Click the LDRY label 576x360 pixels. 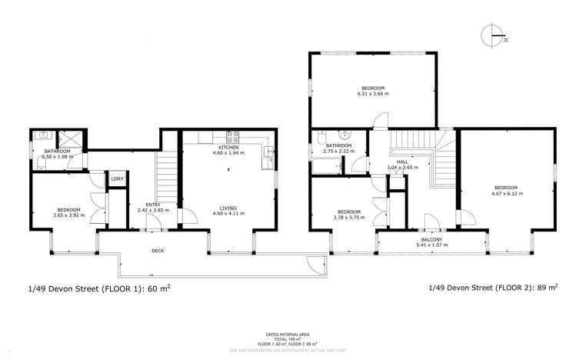[x=118, y=179]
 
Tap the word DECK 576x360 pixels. [x=158, y=251]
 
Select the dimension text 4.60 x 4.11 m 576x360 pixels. [x=228, y=214]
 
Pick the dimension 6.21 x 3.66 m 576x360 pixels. [x=374, y=94]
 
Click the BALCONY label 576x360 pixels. [x=431, y=239]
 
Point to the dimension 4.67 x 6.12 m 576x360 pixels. [x=505, y=194]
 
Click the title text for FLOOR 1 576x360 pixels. [x=98, y=289]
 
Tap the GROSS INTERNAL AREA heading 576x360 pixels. [x=287, y=335]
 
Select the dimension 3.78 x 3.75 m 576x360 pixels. [x=348, y=218]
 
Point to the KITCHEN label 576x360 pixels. [x=228, y=147]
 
